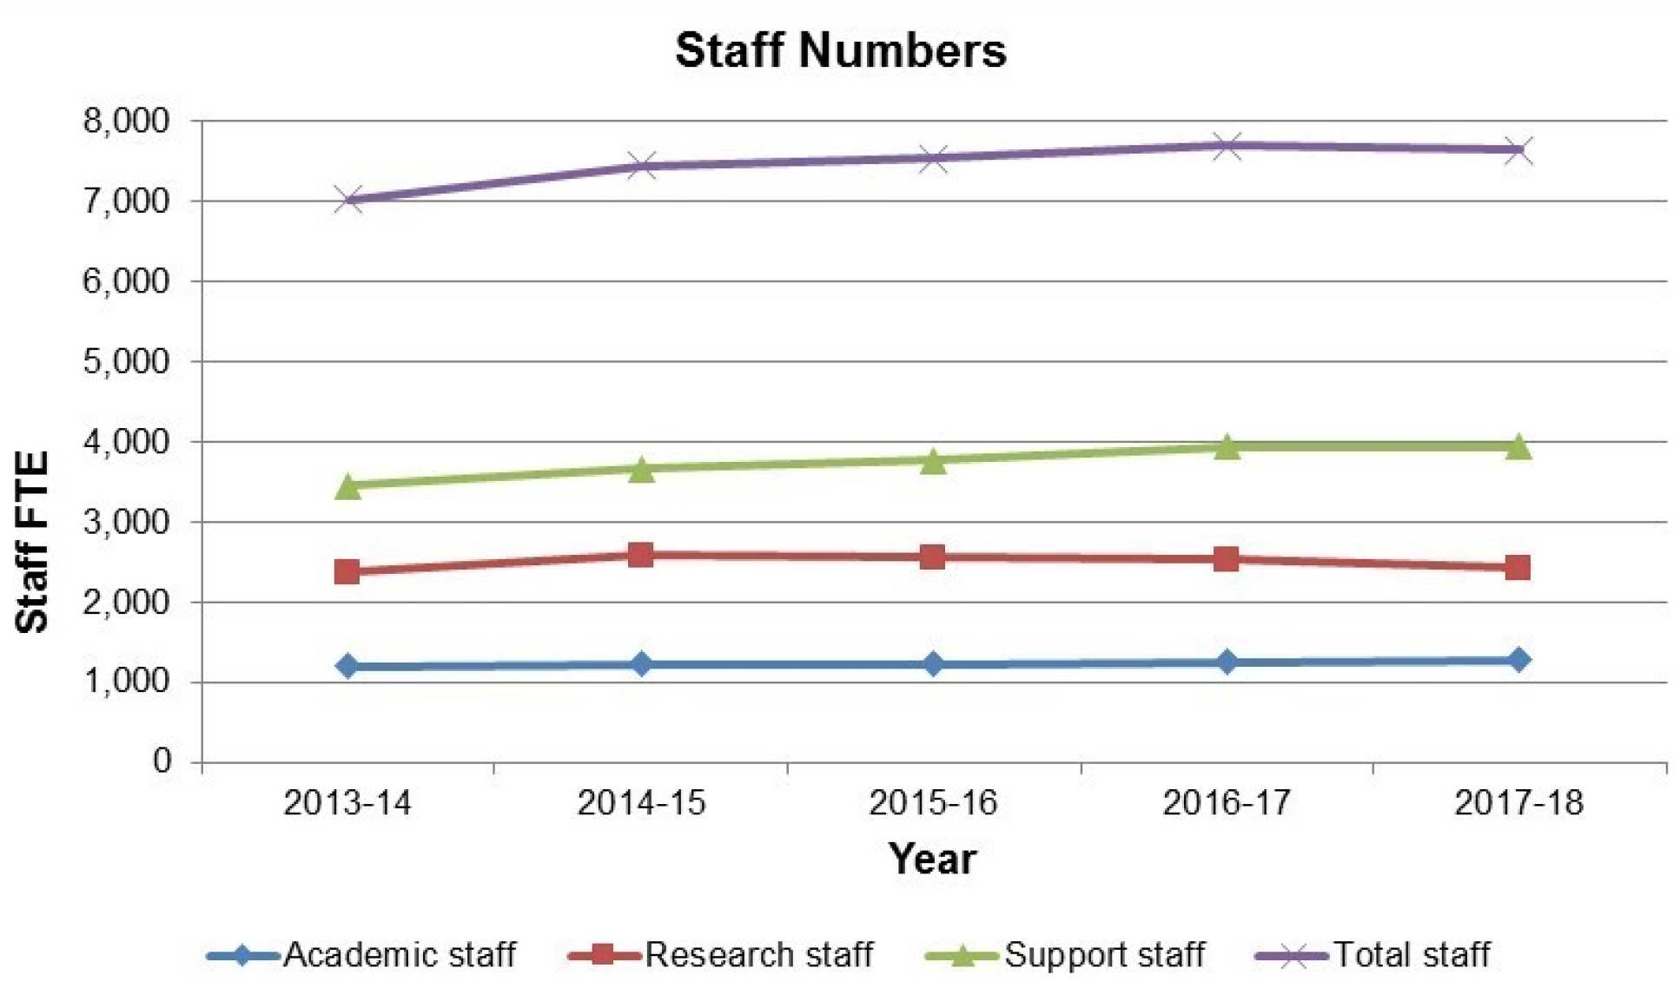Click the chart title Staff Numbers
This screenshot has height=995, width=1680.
pos(840,50)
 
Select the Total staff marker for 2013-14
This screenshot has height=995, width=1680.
pos(347,200)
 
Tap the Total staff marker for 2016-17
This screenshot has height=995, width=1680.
pos(1226,145)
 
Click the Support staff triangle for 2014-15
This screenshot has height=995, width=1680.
pos(641,469)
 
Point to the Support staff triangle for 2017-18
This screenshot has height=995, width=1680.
pos(1518,446)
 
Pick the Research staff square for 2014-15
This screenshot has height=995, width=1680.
pos(641,554)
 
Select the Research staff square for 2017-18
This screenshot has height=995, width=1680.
pos(1518,567)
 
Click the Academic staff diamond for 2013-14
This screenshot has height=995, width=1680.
pos(347,666)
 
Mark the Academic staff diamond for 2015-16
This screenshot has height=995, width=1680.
pos(933,664)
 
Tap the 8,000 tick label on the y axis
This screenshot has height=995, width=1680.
pos(127,121)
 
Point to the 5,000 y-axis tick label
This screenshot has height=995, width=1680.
pos(127,361)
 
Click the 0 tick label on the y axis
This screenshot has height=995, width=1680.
pos(162,761)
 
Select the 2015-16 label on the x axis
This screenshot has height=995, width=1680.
pos(933,803)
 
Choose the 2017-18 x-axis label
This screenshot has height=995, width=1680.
pos(1518,803)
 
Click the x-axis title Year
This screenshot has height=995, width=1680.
pos(932,859)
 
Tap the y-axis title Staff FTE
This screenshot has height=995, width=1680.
pos(33,543)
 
